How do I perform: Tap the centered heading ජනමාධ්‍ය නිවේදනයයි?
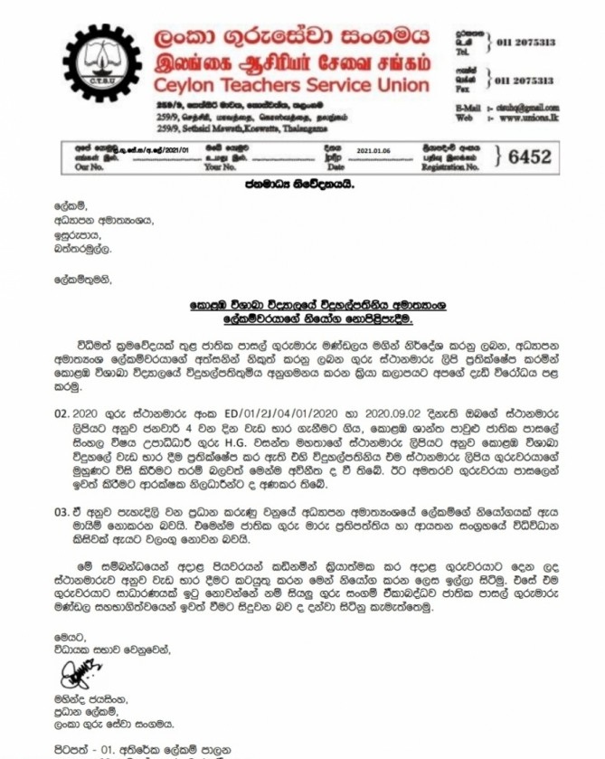tap(298, 185)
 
